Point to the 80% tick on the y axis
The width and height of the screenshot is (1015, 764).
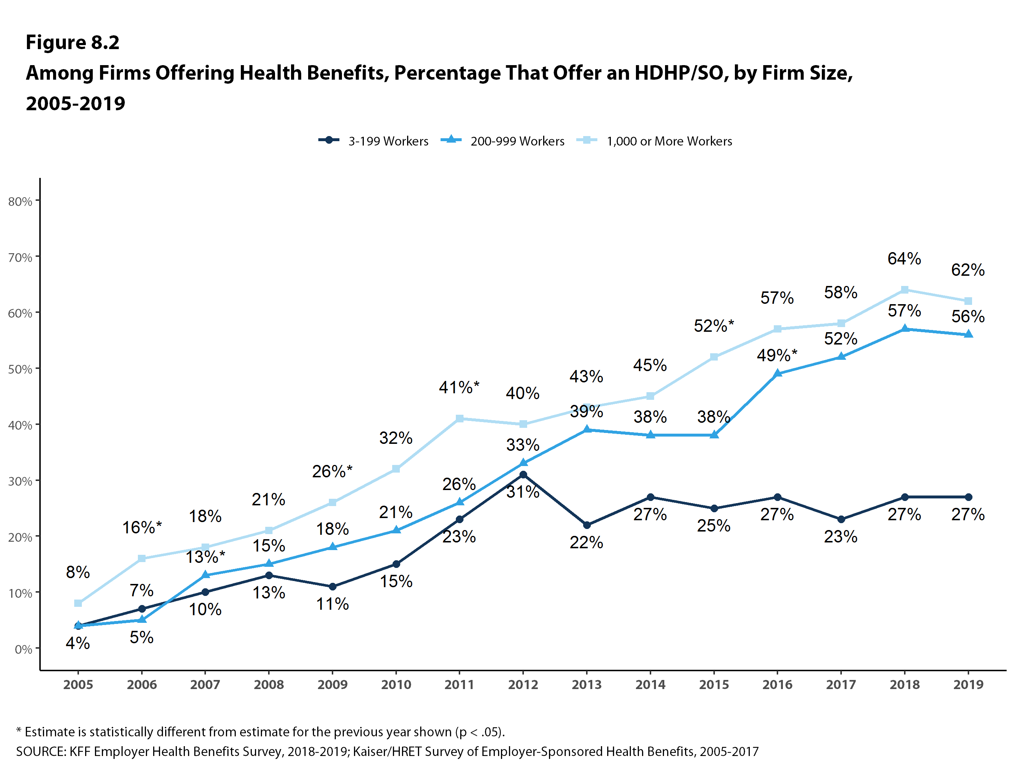coord(20,202)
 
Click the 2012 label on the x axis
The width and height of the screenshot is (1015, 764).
coord(523,685)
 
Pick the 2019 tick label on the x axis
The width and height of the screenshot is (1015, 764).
coord(968,685)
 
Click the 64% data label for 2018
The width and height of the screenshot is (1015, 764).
coord(904,258)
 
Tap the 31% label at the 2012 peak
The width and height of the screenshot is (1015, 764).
coord(523,492)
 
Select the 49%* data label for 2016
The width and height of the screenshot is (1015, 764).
coord(777,355)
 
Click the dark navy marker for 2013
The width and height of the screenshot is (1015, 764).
coord(586,525)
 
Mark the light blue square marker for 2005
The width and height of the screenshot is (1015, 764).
coord(78,603)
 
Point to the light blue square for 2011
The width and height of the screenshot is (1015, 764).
coord(459,418)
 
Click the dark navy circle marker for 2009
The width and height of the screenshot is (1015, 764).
coord(333,586)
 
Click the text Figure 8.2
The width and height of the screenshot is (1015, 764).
coord(72,42)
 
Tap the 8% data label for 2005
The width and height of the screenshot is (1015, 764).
coord(77,572)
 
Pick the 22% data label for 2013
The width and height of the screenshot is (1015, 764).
coord(586,542)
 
